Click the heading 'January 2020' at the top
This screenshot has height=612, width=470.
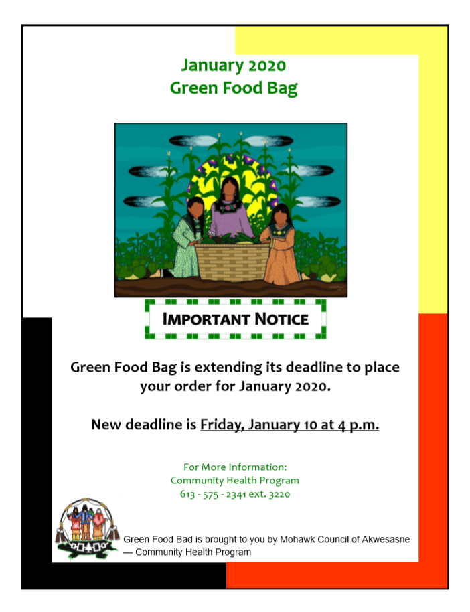234,65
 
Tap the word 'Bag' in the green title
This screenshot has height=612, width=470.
283,88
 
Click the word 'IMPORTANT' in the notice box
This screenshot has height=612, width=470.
206,319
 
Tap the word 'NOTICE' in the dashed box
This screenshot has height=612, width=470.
281,319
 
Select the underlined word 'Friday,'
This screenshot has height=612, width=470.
222,425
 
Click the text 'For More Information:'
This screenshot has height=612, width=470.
235,467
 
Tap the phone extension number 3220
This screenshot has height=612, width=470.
279,494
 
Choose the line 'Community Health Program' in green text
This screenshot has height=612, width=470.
235,481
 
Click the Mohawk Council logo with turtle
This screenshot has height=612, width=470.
88,529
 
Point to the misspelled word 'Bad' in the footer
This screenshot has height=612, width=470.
185,540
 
